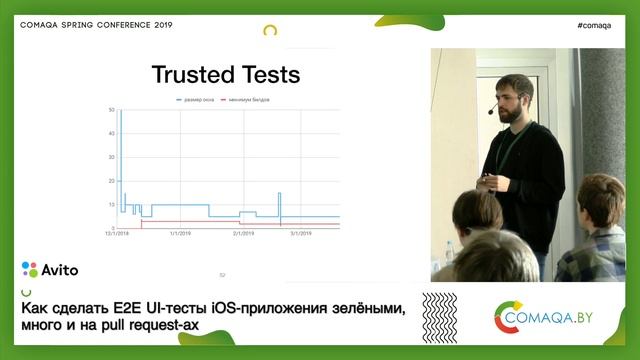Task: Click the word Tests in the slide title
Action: (x=269, y=75)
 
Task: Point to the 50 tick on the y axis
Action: (x=113, y=109)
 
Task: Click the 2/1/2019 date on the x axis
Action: (x=243, y=233)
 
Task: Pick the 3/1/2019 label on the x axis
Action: (x=303, y=233)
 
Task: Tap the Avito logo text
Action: (x=59, y=269)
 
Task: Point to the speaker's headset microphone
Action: (x=493, y=110)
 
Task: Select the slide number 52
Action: (x=223, y=274)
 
